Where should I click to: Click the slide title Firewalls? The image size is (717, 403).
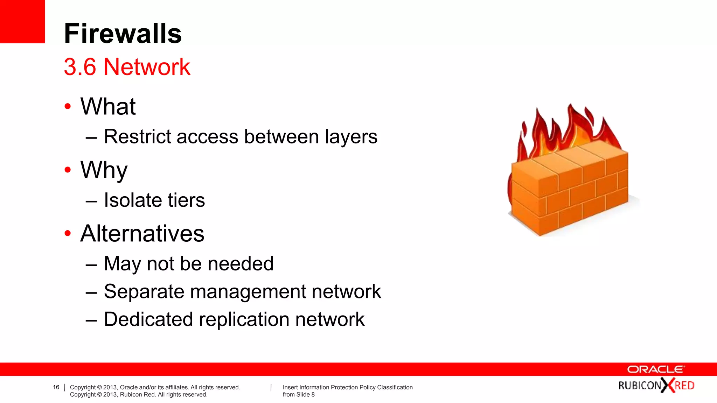point(123,34)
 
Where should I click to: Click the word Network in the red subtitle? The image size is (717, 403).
point(147,67)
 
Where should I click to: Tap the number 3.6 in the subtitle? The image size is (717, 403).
point(80,67)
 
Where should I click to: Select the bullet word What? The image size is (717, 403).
point(108,106)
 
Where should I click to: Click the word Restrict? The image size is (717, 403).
point(138,136)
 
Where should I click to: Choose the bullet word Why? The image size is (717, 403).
point(104,170)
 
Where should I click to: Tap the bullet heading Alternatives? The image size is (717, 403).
point(142,234)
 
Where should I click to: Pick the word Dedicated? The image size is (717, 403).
point(148,319)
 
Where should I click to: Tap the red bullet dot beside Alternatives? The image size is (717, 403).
point(68,233)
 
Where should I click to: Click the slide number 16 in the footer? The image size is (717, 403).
point(56,387)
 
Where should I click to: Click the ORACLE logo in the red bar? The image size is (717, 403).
point(656,369)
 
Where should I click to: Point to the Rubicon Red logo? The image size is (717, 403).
point(656,386)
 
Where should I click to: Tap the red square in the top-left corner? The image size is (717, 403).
point(22,21)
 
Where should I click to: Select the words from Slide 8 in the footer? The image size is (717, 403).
point(299,395)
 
